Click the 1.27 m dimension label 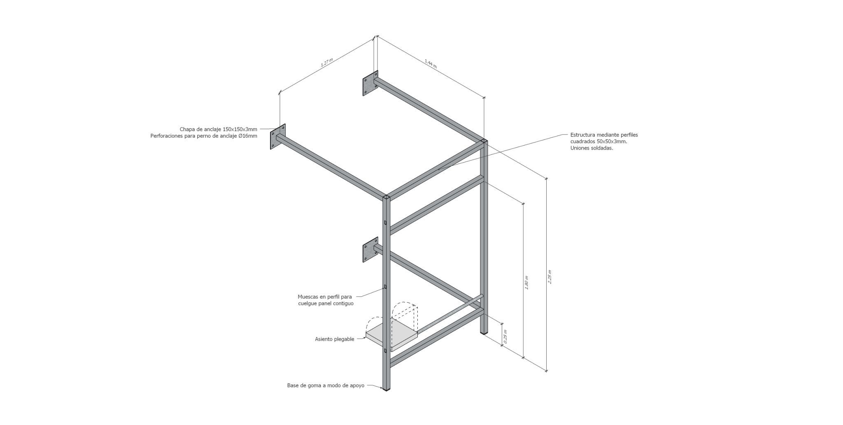click(326, 63)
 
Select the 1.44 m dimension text click(431, 63)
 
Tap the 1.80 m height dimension click(527, 283)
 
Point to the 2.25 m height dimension click(550, 276)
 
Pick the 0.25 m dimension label click(505, 337)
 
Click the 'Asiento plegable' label click(334, 339)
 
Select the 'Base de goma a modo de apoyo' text click(326, 386)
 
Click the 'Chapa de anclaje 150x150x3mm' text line click(218, 129)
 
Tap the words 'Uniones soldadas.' click(592, 148)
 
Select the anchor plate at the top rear click(370, 85)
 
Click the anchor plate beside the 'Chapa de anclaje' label click(278, 137)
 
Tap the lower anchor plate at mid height click(370, 250)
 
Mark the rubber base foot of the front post click(386, 388)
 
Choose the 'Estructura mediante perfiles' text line click(604, 135)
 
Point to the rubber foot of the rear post click(484, 331)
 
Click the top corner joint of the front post click(387, 198)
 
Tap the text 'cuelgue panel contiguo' click(326, 304)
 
